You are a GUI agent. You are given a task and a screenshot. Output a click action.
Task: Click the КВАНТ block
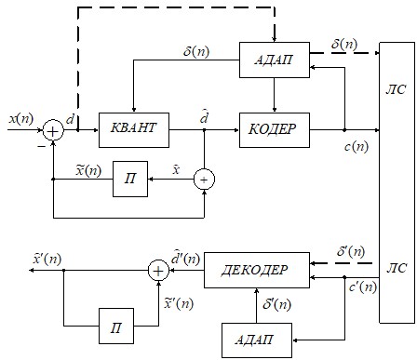pyautogui.click(x=134, y=130)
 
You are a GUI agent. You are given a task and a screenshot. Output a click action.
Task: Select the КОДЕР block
pyautogui.click(x=275, y=130)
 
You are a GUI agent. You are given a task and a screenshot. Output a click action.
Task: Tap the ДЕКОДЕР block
pyautogui.click(x=257, y=270)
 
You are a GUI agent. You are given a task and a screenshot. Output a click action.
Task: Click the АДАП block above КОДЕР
pyautogui.click(x=275, y=60)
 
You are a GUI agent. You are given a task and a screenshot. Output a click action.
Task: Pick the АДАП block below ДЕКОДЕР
pyautogui.click(x=257, y=340)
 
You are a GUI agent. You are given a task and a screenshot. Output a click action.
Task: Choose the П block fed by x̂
pyautogui.click(x=130, y=179)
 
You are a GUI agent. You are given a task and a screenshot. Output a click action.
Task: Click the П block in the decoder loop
pyautogui.click(x=116, y=326)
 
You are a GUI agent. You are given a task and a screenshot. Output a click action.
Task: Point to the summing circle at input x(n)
pyautogui.click(x=53, y=130)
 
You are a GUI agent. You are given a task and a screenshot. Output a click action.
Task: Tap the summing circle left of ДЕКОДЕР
pyautogui.click(x=158, y=271)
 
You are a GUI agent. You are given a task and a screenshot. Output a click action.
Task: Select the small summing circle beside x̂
pyautogui.click(x=204, y=180)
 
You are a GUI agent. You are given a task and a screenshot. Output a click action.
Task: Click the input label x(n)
pyautogui.click(x=20, y=119)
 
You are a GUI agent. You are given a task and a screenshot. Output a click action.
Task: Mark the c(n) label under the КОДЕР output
pyautogui.click(x=356, y=146)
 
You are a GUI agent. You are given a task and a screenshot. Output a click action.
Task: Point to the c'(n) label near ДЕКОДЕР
pyautogui.click(x=363, y=287)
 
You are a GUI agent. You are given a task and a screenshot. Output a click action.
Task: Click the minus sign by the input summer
pyautogui.click(x=41, y=146)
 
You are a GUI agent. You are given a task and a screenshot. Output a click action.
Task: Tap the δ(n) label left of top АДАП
pyautogui.click(x=196, y=51)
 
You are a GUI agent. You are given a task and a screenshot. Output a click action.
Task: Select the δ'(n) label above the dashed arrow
pyautogui.click(x=351, y=251)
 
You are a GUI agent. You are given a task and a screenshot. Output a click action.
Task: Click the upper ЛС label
pyautogui.click(x=396, y=90)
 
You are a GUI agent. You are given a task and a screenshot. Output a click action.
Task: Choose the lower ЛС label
pyautogui.click(x=397, y=268)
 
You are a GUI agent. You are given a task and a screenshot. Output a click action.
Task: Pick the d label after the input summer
pyautogui.click(x=71, y=118)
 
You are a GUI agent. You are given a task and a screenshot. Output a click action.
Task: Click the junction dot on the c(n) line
pyautogui.click(x=344, y=130)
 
